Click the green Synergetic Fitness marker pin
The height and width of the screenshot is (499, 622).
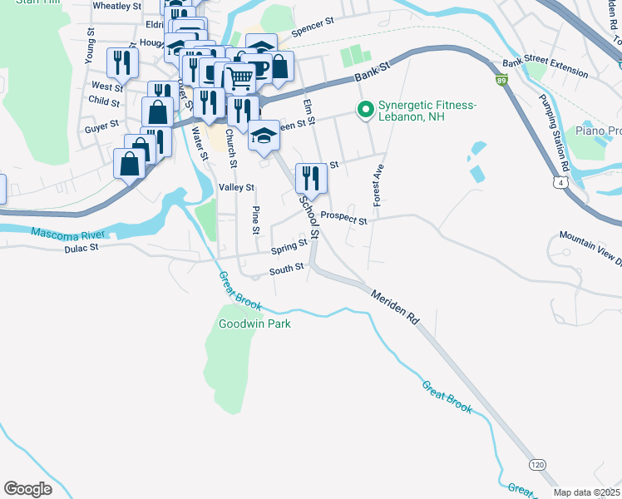coord(364,110)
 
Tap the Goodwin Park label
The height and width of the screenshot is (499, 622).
coord(254,324)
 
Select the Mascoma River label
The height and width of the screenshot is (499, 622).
coord(61,234)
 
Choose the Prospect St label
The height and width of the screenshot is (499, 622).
coord(343,218)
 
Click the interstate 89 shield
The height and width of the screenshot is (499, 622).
coord(501,81)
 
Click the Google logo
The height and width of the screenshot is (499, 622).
coord(27,488)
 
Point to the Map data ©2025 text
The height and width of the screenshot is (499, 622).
coord(586,492)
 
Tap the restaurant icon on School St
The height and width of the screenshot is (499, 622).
coord(311,177)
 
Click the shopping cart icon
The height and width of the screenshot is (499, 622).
coord(239,78)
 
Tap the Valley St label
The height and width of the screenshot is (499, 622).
coord(236,188)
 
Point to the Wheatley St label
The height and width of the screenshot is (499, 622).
coord(117,5)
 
